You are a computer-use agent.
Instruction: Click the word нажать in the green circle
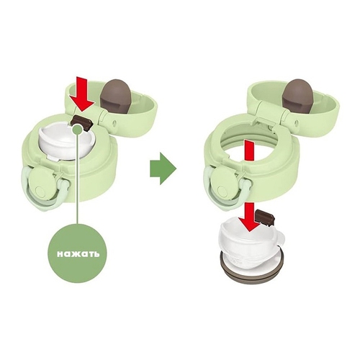78,254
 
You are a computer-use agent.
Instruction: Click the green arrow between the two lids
163,168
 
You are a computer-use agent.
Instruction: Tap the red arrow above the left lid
82,93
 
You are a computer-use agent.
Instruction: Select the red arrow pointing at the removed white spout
250,217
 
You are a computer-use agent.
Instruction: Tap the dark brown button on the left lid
81,122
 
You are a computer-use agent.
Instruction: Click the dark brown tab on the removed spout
265,217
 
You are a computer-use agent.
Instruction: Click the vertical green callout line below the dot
77,179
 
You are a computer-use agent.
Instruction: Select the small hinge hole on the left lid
114,123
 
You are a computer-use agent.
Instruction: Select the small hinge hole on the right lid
295,123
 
